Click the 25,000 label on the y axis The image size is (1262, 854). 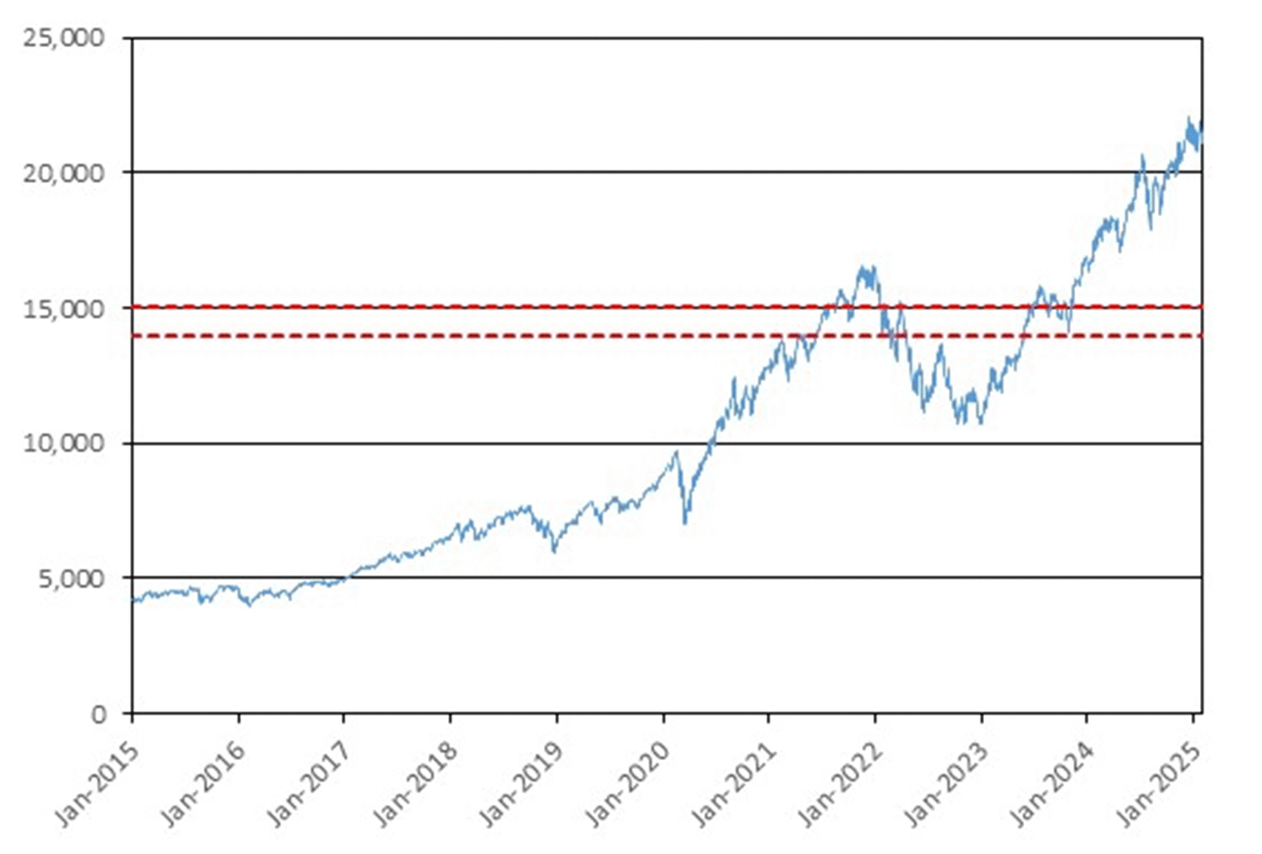coord(63,37)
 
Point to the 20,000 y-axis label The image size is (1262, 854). coord(63,172)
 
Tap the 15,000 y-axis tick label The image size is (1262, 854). coord(63,308)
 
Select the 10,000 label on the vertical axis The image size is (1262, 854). coord(63,443)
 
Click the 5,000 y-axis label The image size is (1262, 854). coord(71,578)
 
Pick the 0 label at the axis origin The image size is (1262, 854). coord(99,713)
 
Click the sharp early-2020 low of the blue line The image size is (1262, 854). coord(685,524)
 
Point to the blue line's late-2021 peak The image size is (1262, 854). coord(863,266)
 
